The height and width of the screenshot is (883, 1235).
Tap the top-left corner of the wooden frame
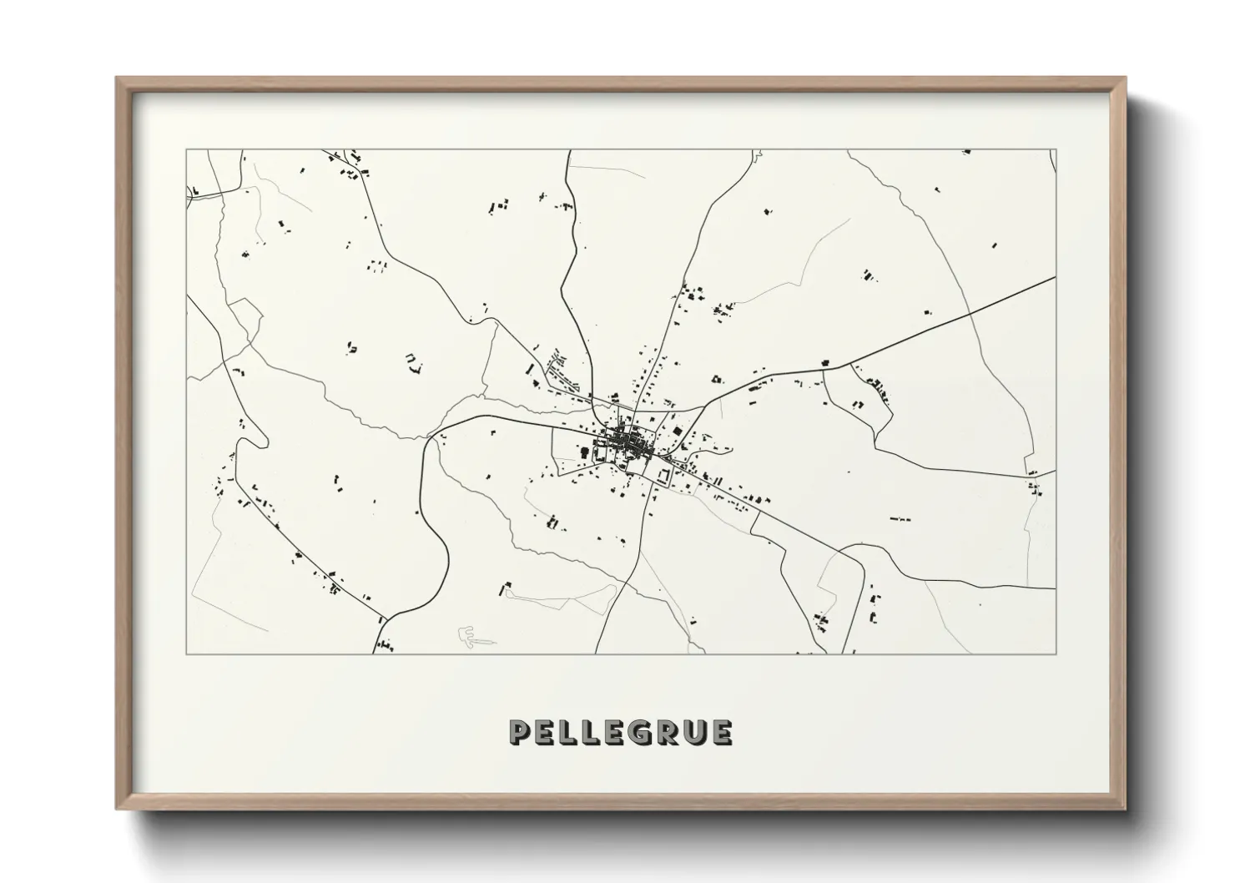tap(117, 78)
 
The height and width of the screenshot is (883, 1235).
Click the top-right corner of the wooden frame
tap(1125, 78)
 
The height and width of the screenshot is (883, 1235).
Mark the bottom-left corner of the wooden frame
tap(117, 808)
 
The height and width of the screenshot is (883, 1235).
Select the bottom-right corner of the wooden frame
tap(1125, 808)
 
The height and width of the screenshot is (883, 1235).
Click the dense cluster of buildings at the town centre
tap(623, 441)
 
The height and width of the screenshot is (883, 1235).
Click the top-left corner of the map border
tap(186, 150)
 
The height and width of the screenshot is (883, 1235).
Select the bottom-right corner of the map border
tap(1056, 653)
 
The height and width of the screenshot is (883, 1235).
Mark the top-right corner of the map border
tap(1056, 150)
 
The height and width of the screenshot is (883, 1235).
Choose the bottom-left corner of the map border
tap(186, 653)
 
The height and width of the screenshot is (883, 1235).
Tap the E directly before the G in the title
tap(617, 733)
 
